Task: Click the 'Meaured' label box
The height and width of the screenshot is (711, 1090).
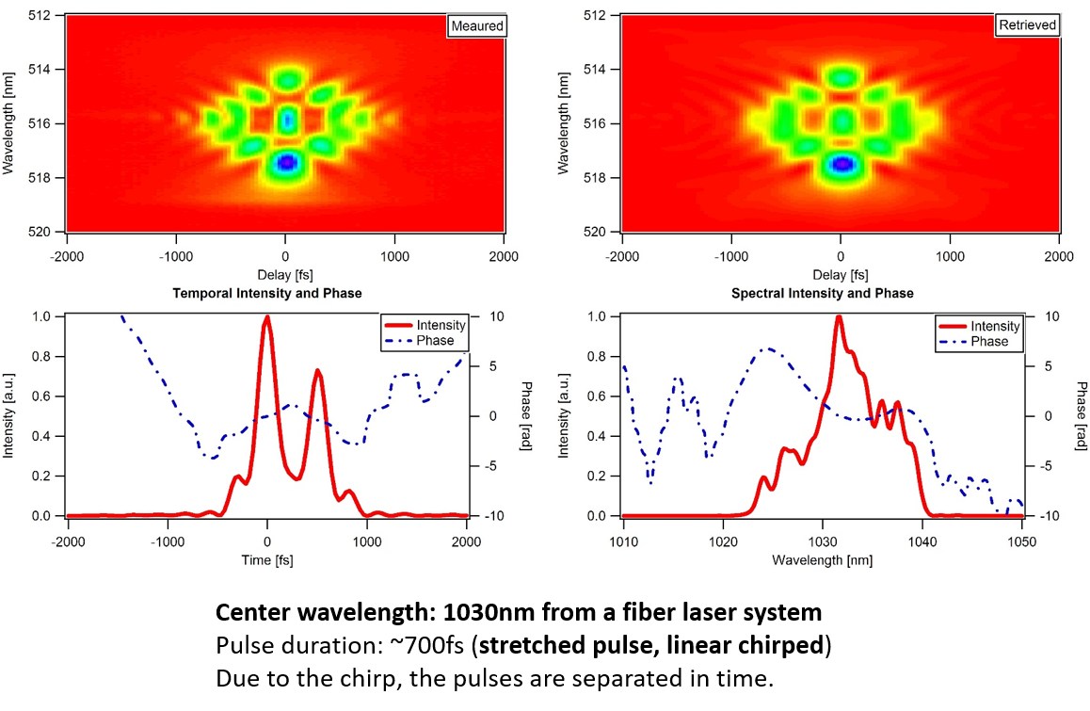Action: [476, 25]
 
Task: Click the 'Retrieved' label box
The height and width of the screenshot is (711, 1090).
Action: [1027, 25]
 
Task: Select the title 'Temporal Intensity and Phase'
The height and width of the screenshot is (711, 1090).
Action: [267, 293]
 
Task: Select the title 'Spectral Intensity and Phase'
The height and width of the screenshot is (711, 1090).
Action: [822, 293]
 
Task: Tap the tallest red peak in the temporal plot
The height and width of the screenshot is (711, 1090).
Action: [267, 317]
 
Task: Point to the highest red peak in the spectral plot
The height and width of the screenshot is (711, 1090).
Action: [838, 317]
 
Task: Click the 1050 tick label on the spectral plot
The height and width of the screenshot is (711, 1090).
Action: [1021, 542]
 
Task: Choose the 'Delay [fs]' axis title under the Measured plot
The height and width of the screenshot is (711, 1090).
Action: [285, 275]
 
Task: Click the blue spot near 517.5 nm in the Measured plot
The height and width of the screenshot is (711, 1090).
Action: [286, 163]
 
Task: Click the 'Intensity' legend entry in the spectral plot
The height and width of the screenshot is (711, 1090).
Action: [995, 326]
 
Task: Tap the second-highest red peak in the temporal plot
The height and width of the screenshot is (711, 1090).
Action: [318, 371]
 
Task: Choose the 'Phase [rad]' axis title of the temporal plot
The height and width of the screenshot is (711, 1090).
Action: [526, 416]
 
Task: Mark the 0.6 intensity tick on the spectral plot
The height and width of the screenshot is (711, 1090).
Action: [598, 396]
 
